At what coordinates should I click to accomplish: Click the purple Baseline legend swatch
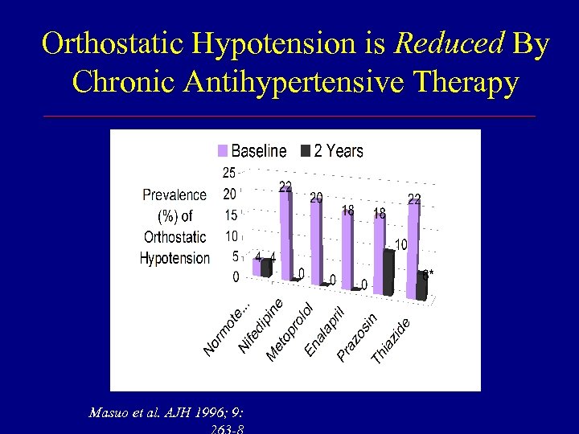tap(222, 151)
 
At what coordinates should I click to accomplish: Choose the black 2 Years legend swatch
tap(306, 151)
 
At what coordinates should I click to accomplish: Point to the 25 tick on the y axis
tap(228, 172)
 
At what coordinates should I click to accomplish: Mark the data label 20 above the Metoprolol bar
tap(316, 197)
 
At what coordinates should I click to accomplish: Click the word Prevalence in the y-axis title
tap(175, 194)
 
